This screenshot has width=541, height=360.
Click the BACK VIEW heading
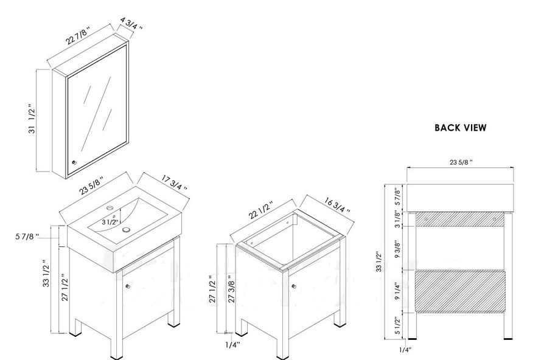point(460,128)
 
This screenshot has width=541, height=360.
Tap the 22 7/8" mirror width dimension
point(79,35)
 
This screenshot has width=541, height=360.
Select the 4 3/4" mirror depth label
point(131,23)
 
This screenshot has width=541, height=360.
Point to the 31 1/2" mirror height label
point(32,119)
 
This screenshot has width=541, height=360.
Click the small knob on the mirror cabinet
point(74,162)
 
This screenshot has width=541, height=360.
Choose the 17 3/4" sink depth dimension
point(174,182)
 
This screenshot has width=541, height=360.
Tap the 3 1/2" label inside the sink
point(110,222)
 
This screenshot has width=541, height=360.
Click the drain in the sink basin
point(127,229)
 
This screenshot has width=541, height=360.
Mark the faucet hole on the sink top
point(110,208)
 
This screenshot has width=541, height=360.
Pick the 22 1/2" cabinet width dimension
point(261,210)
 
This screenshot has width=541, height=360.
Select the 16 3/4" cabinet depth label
point(337,205)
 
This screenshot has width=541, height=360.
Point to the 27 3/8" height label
point(231,292)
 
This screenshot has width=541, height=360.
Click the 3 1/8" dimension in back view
point(397,220)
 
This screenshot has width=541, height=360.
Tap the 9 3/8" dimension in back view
point(397,249)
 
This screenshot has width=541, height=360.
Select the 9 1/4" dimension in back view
point(397,291)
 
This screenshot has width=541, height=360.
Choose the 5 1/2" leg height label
point(397,325)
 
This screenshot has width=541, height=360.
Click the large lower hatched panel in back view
point(460,292)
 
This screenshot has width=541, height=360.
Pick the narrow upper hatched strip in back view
point(459,220)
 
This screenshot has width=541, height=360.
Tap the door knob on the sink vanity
point(128,286)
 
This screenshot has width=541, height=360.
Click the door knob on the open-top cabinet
point(293,286)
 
